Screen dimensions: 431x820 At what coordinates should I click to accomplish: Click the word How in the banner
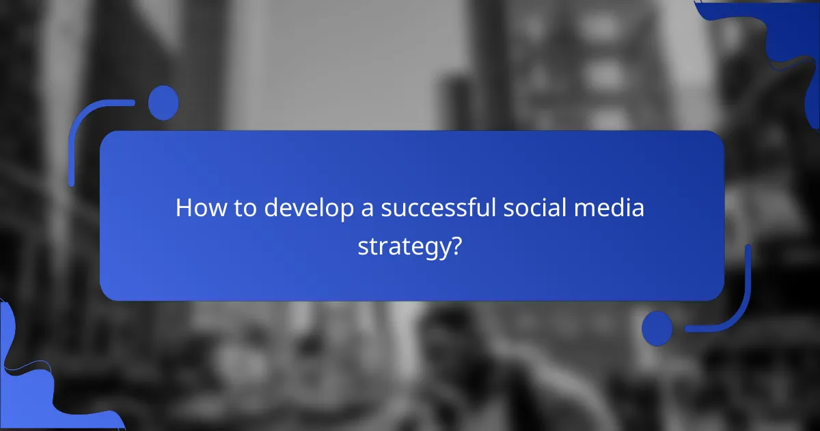coord(198,208)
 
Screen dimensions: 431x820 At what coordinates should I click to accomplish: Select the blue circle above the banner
coord(163,103)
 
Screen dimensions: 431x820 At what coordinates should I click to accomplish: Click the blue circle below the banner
coord(657,328)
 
